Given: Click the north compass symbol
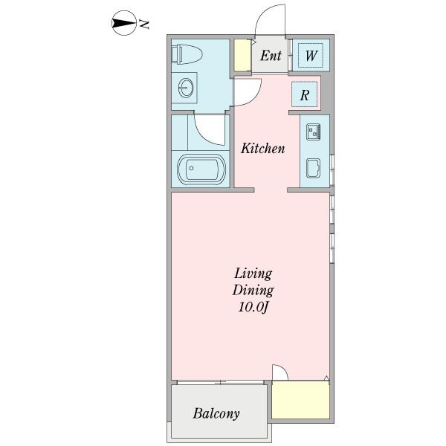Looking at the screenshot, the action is tap(123, 23).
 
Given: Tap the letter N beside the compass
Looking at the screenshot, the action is tap(144, 25).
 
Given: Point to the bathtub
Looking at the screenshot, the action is tap(201, 169).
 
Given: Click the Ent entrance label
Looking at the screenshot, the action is tap(271, 56).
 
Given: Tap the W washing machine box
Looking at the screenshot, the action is tap(311, 55).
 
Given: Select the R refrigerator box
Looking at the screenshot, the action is tap(304, 94).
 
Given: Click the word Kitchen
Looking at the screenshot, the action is tap(262, 149).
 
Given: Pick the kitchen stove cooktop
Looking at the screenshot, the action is tap(313, 132).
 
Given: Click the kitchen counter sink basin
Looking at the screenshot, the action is tap(313, 169).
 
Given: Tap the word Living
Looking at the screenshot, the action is tap(253, 274).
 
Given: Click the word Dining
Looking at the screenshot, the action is tap(253, 291).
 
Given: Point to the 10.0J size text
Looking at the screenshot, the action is tap(253, 307).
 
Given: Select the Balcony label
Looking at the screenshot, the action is tap(216, 413).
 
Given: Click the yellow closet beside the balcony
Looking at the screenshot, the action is tap(300, 399).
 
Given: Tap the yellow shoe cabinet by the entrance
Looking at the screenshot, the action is tap(242, 55).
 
